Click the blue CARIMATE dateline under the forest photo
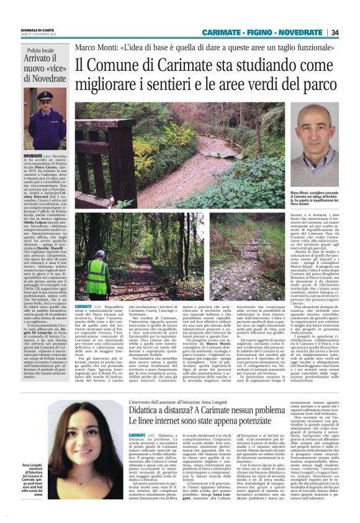[x=83, y=307]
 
